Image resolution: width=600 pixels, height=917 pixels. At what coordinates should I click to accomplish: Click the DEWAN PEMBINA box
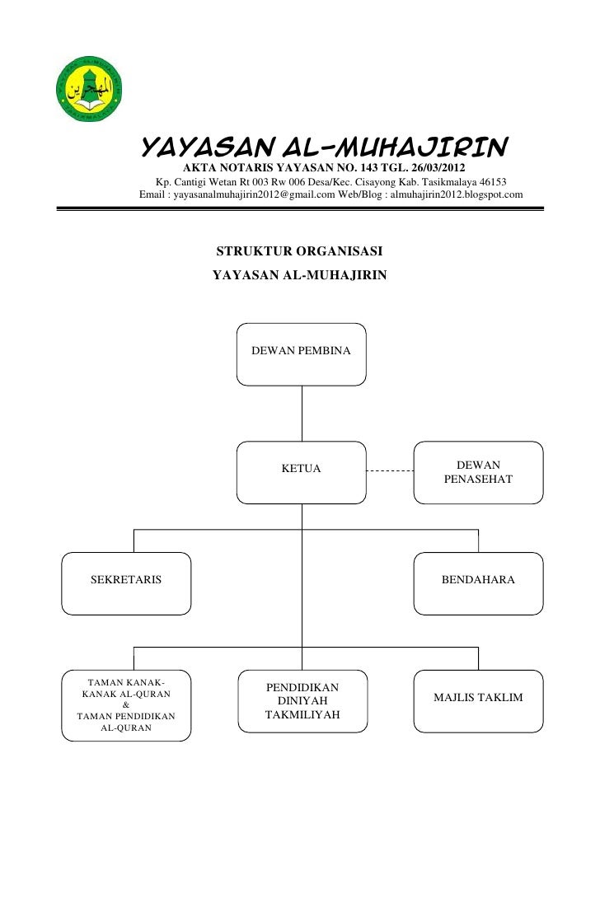[302, 354]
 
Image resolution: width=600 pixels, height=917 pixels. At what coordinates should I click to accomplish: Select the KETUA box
[302, 471]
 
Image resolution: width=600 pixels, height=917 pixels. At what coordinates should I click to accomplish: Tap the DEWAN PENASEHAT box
[478, 471]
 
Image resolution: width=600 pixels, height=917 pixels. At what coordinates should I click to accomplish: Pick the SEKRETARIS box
[128, 583]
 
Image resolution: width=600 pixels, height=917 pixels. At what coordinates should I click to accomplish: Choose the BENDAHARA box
[478, 583]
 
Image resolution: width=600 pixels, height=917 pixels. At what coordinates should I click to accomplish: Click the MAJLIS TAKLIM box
[478, 700]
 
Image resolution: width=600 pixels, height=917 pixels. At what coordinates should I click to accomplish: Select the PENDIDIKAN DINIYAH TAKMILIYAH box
[302, 700]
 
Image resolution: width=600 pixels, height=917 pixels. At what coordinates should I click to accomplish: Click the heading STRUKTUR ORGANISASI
[298, 250]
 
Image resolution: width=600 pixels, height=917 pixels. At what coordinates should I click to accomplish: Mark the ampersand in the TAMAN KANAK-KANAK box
[125, 704]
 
